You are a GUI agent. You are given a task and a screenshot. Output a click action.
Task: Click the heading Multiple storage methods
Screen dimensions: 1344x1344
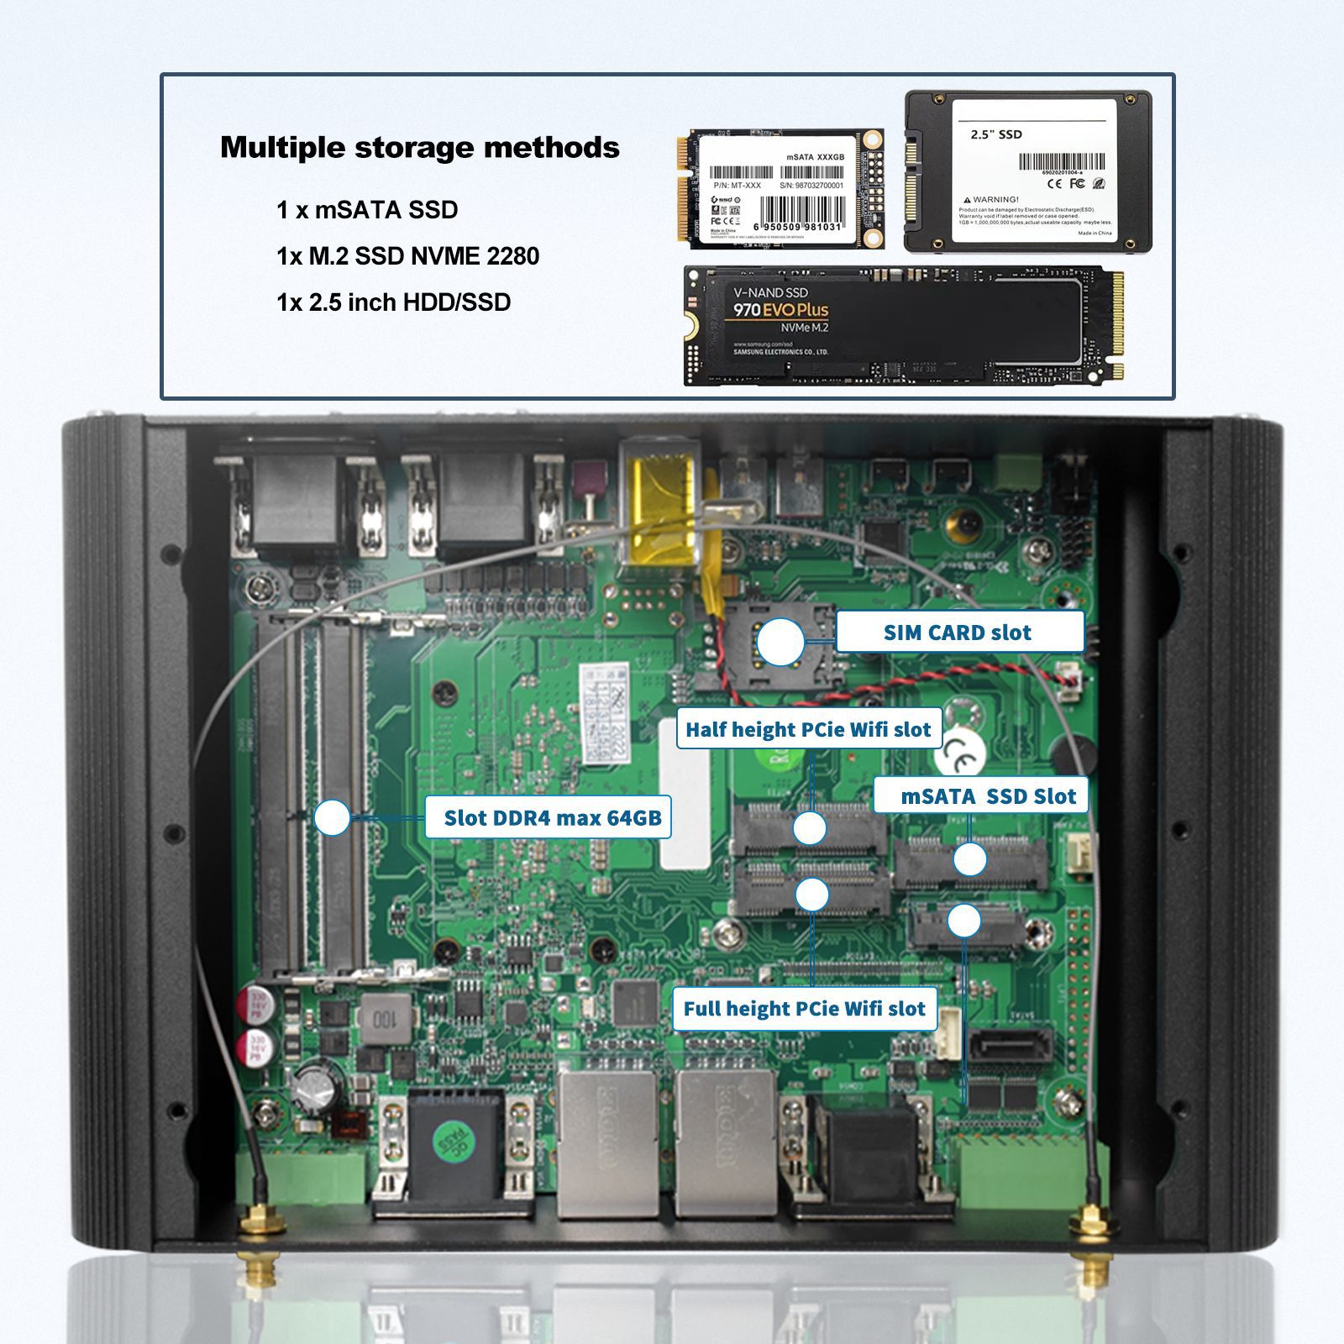click(419, 147)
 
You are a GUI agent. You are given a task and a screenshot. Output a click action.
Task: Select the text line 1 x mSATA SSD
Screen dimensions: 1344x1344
click(367, 210)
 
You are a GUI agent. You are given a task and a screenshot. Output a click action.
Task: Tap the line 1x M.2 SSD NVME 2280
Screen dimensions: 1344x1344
click(407, 256)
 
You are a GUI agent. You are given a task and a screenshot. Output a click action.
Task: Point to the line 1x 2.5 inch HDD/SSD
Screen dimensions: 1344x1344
click(393, 302)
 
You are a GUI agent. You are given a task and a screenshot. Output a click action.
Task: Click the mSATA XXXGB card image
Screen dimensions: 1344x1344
click(779, 188)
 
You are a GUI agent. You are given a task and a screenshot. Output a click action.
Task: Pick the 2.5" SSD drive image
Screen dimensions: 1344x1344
click(1027, 171)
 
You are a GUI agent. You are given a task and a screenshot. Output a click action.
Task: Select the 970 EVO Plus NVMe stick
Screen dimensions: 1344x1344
click(904, 325)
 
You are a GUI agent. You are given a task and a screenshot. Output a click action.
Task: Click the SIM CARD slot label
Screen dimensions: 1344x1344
click(958, 633)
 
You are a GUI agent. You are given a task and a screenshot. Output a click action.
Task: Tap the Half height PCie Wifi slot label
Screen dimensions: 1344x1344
click(808, 729)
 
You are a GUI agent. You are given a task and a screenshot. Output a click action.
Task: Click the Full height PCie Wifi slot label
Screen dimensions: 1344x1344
click(804, 1008)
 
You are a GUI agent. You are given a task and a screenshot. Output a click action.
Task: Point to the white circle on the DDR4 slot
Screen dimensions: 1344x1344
click(332, 817)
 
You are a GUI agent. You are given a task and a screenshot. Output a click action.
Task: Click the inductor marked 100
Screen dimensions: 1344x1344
click(383, 1020)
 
